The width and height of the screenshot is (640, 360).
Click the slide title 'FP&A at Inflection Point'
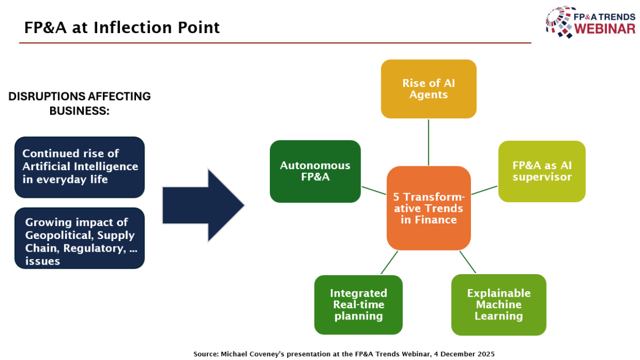point(122,27)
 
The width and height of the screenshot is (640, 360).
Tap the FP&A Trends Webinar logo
point(590,22)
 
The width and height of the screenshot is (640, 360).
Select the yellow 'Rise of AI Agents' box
point(428,89)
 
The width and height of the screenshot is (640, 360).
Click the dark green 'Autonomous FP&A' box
point(315,171)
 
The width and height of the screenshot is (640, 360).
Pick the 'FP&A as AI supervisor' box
point(541,171)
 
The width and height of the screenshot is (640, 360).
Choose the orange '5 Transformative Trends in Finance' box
point(428,207)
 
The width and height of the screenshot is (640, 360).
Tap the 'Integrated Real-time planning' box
point(358,305)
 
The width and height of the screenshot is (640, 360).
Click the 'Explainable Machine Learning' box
point(498,305)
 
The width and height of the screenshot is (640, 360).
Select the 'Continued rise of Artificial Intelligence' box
point(79,167)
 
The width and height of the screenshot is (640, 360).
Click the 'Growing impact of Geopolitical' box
point(79,238)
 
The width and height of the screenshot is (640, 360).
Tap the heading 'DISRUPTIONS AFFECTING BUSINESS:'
point(79,103)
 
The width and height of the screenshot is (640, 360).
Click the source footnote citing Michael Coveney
point(343,354)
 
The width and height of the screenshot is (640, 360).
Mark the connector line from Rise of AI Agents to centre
point(428,142)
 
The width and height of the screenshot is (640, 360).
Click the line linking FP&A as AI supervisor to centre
point(484,190)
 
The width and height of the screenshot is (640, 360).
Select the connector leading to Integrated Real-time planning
point(389,262)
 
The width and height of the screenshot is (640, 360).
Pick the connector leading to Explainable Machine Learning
point(468,262)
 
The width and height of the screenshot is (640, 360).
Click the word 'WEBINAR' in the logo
point(604,29)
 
